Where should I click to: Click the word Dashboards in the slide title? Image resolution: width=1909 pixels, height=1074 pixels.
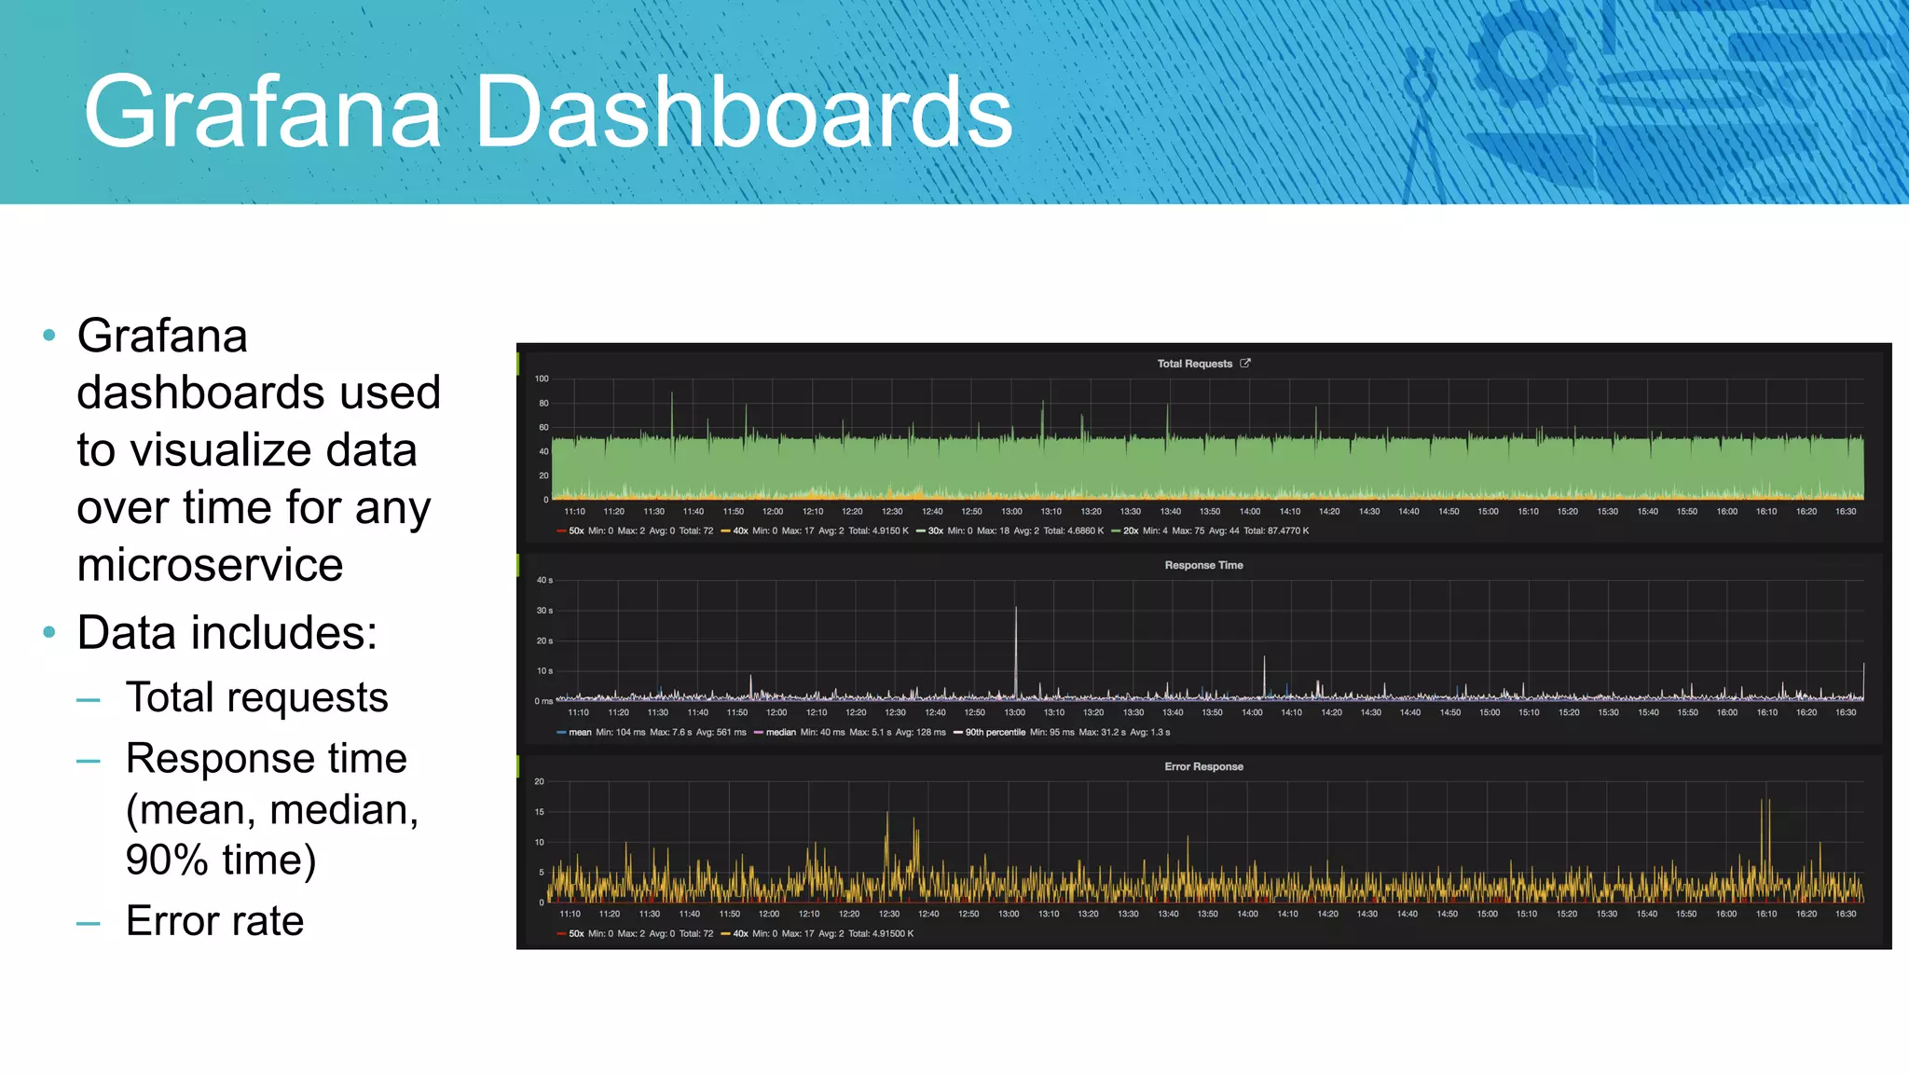(743, 112)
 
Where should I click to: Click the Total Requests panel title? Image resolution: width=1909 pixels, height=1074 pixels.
(1194, 364)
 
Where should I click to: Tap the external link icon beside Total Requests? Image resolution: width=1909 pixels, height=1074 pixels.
(1245, 364)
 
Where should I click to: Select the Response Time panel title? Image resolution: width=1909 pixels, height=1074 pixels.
(1203, 565)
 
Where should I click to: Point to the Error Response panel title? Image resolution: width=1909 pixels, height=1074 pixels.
(1203, 766)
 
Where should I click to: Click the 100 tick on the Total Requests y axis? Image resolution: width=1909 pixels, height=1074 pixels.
(542, 379)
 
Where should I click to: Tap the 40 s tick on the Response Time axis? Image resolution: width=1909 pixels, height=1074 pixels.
(544, 580)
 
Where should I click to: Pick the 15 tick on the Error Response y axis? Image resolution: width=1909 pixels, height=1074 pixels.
(540, 812)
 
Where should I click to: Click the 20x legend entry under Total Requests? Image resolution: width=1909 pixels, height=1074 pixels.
(1131, 530)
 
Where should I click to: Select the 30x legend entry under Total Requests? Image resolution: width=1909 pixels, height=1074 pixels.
(935, 530)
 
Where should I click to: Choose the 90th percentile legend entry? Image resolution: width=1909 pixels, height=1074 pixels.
(995, 732)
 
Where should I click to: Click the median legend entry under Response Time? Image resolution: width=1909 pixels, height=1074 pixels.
(780, 732)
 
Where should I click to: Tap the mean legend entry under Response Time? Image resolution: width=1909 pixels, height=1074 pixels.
(580, 732)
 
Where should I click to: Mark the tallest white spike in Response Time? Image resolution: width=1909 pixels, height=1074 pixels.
(1016, 611)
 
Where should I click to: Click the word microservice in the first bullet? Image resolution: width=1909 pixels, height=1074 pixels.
(210, 565)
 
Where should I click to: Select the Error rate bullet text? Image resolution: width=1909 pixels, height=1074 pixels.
(214, 921)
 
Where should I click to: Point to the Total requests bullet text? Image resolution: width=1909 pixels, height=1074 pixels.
(256, 697)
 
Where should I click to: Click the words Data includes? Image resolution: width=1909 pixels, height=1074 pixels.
(227, 633)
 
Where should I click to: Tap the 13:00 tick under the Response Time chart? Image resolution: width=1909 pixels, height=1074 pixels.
(1014, 712)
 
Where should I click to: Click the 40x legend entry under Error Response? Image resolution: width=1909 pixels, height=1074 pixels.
(740, 933)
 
